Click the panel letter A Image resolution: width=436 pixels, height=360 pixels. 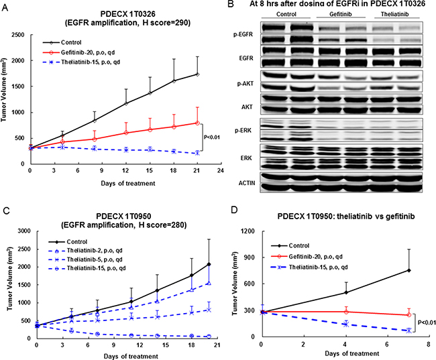(x=6, y=6)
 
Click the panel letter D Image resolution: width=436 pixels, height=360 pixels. (x=231, y=196)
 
